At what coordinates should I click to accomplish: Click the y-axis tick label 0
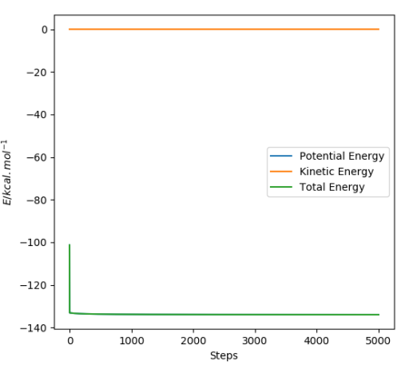(x=45, y=30)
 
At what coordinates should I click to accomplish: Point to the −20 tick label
(x=36, y=73)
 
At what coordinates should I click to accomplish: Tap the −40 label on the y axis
(x=36, y=115)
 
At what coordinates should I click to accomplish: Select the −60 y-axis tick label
(x=36, y=158)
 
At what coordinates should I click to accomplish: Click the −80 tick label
(x=36, y=200)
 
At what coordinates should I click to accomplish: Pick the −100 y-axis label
(x=34, y=242)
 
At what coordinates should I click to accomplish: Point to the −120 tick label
(x=34, y=285)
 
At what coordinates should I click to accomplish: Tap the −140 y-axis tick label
(x=34, y=328)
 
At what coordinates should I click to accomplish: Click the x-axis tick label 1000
(x=132, y=340)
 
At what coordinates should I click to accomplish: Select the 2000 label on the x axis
(x=194, y=340)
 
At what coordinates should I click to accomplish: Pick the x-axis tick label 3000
(x=254, y=340)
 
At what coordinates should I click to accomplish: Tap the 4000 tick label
(x=316, y=340)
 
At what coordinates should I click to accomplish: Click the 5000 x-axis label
(x=378, y=340)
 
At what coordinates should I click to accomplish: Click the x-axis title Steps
(x=224, y=356)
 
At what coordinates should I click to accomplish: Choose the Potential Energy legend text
(x=342, y=156)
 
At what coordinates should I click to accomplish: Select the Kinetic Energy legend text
(x=336, y=172)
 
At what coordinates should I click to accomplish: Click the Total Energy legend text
(x=332, y=187)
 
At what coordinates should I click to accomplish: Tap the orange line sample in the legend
(x=281, y=172)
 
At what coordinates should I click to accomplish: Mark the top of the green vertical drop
(x=69, y=244)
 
